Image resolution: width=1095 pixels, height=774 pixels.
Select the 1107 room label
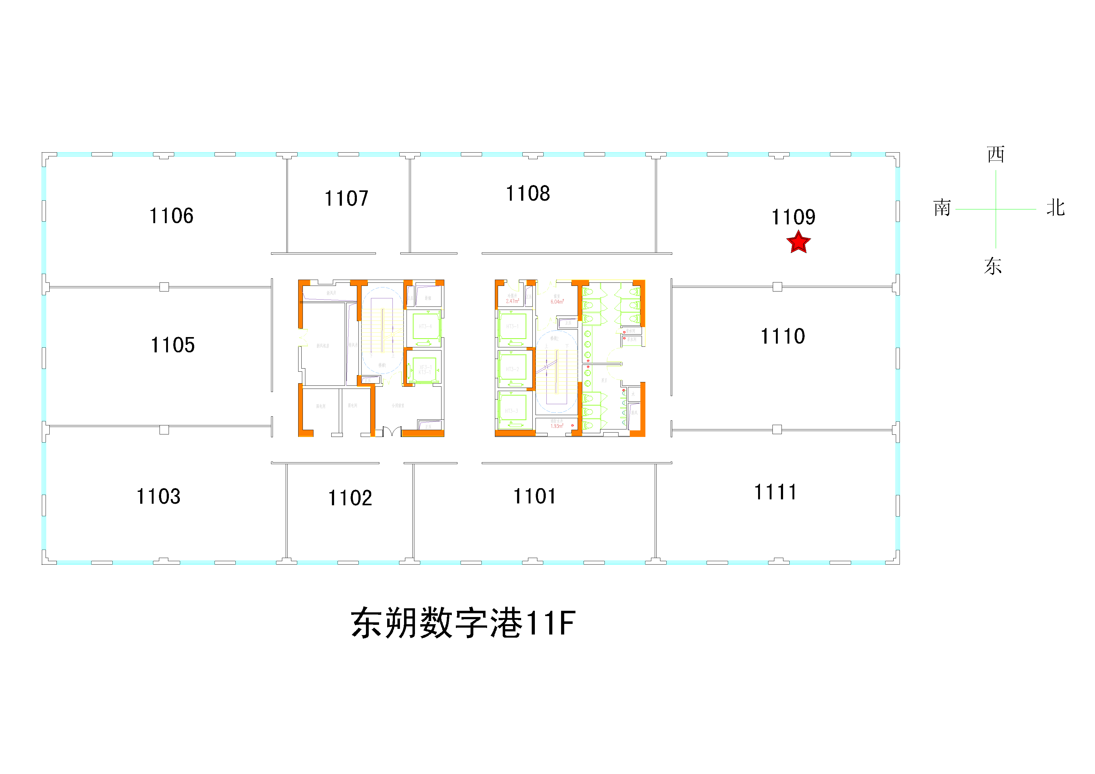click(346, 198)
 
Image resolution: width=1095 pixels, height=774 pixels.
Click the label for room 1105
click(173, 345)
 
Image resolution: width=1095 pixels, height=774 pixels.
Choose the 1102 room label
click(350, 498)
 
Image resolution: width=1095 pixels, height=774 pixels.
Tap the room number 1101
click(534, 496)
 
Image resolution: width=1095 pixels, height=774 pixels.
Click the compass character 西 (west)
click(995, 154)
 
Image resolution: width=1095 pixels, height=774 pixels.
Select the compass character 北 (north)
click(1055, 208)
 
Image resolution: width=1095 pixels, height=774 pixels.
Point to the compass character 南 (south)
click(942, 208)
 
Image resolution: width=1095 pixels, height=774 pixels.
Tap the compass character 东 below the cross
click(993, 266)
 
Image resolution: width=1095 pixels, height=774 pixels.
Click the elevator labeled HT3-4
click(425, 326)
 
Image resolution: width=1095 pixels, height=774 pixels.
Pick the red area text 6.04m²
click(557, 302)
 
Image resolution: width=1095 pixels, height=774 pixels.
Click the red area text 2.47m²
click(512, 301)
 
